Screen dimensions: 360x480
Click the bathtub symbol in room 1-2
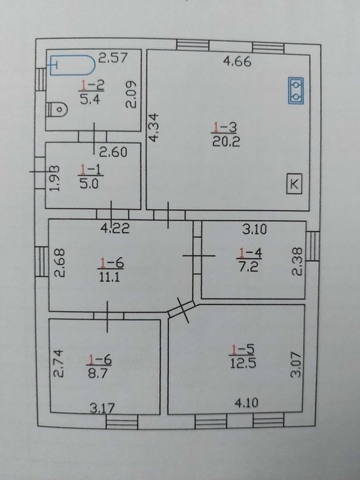click(x=73, y=65)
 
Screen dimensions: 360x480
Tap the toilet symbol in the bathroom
click(x=57, y=109)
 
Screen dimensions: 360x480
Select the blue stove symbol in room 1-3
click(x=296, y=91)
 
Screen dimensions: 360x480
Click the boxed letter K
click(x=294, y=184)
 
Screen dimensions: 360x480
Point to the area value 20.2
click(x=226, y=141)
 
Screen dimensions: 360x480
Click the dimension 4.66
click(x=237, y=61)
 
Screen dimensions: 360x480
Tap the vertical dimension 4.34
click(x=154, y=128)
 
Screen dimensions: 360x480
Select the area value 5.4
click(x=90, y=99)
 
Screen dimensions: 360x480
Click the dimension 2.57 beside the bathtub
click(x=112, y=58)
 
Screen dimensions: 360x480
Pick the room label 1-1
click(x=91, y=169)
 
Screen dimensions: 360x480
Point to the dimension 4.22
click(x=115, y=228)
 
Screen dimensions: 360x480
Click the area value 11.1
click(x=109, y=277)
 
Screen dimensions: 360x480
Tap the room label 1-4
click(x=250, y=253)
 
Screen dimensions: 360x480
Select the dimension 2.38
click(x=297, y=261)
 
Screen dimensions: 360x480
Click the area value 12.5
click(x=243, y=363)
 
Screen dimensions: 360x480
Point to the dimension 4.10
click(x=246, y=403)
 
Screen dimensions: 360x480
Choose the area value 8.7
click(x=98, y=374)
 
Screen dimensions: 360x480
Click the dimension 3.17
click(x=102, y=408)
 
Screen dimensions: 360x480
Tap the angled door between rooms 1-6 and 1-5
click(x=182, y=309)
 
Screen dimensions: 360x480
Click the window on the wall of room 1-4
click(x=313, y=246)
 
